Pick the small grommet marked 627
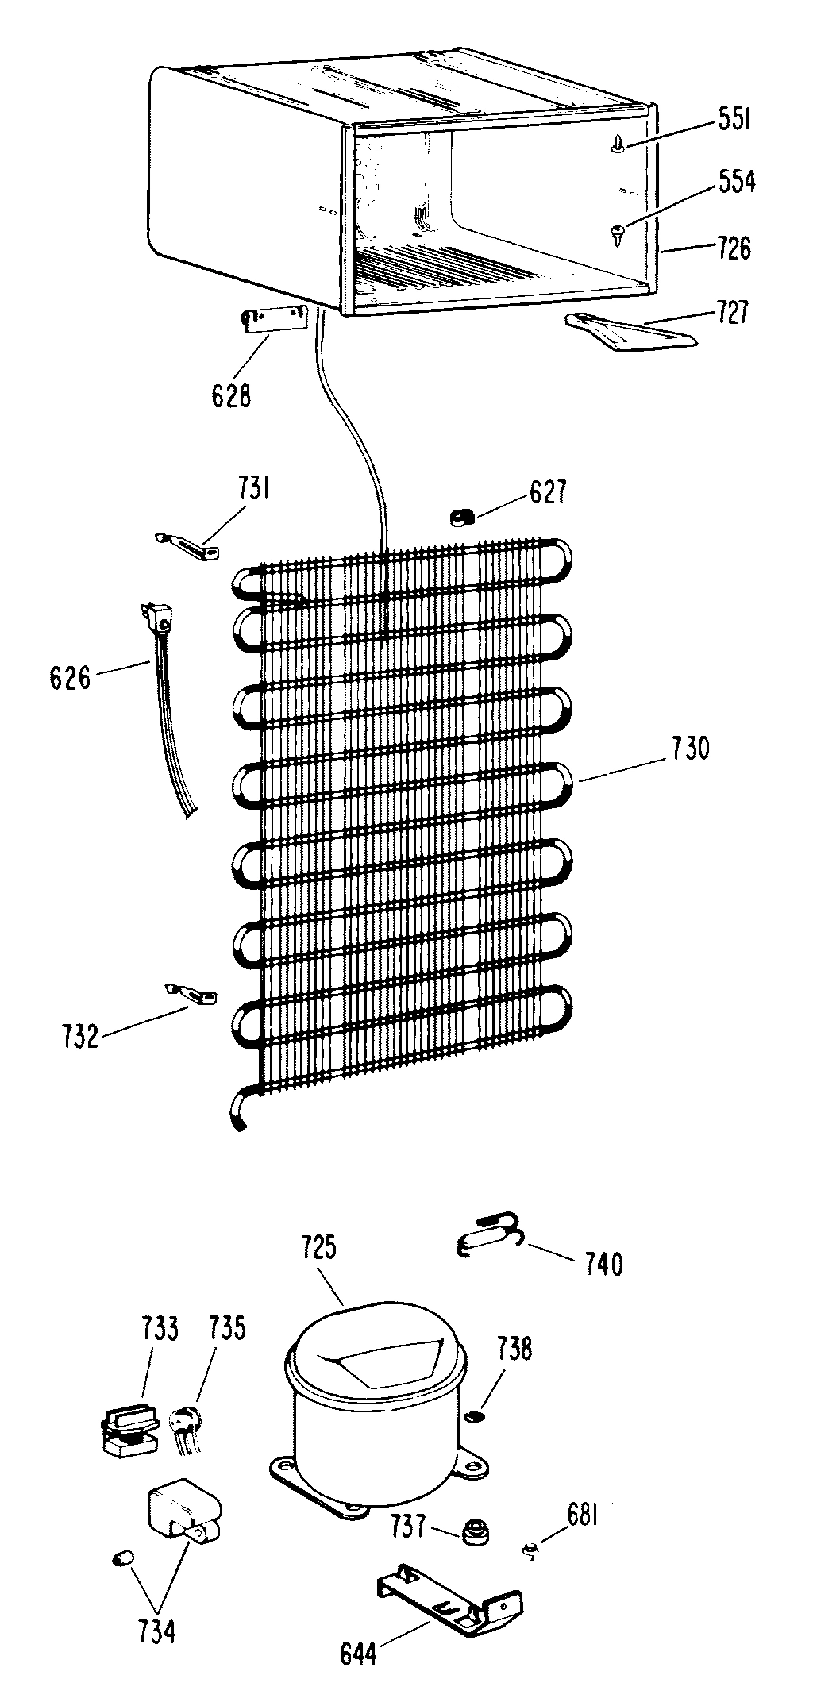coord(461,517)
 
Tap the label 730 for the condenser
coord(689,749)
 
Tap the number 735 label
coord(227,1329)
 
